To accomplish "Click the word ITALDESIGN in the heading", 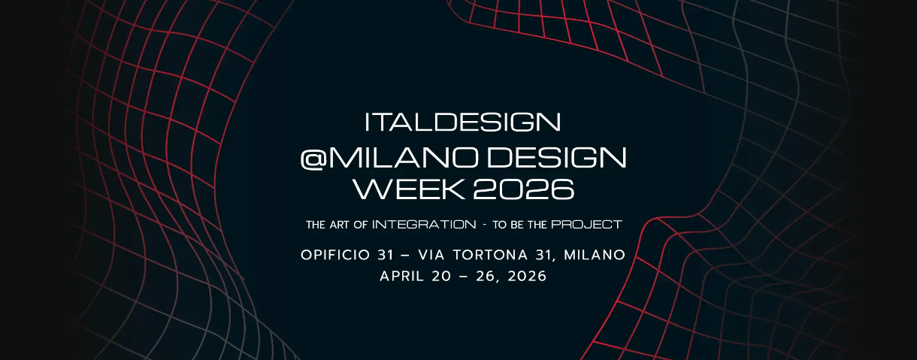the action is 462,122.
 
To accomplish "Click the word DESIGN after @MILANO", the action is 557,158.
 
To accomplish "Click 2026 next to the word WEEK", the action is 524,189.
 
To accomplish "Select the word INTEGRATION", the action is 424,225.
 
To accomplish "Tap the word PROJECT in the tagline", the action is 586,225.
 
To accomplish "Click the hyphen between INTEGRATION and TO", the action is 485,225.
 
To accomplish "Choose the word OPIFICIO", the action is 335,255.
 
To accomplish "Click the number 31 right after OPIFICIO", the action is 386,255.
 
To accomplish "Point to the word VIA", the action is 431,255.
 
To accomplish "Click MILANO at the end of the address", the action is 595,255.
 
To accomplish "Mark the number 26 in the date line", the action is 486,276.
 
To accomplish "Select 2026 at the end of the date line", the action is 527,276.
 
